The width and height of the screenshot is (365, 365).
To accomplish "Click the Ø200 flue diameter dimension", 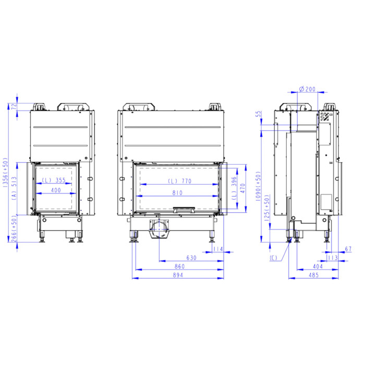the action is tap(307, 89).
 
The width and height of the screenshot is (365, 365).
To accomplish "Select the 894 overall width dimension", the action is tap(178, 275).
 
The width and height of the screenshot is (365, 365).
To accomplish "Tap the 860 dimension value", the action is tap(179, 266).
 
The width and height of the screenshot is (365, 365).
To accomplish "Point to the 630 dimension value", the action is tap(191, 258).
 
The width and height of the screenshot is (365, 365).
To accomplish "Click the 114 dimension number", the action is tap(218, 249).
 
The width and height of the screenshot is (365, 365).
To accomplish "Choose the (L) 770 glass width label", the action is tap(180, 181).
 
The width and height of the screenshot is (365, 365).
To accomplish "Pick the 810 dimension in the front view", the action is tap(177, 193).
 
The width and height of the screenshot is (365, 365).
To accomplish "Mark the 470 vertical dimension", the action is tap(243, 188).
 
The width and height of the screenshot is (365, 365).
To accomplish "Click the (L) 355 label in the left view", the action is tap(54, 180).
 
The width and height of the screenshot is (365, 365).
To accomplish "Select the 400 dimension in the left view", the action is tap(56, 190).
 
